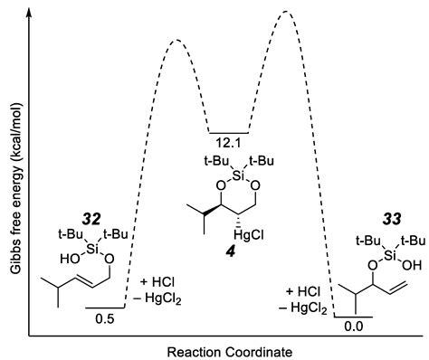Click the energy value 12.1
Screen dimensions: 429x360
(228, 143)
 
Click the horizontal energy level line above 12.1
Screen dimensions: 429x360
(228, 131)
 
